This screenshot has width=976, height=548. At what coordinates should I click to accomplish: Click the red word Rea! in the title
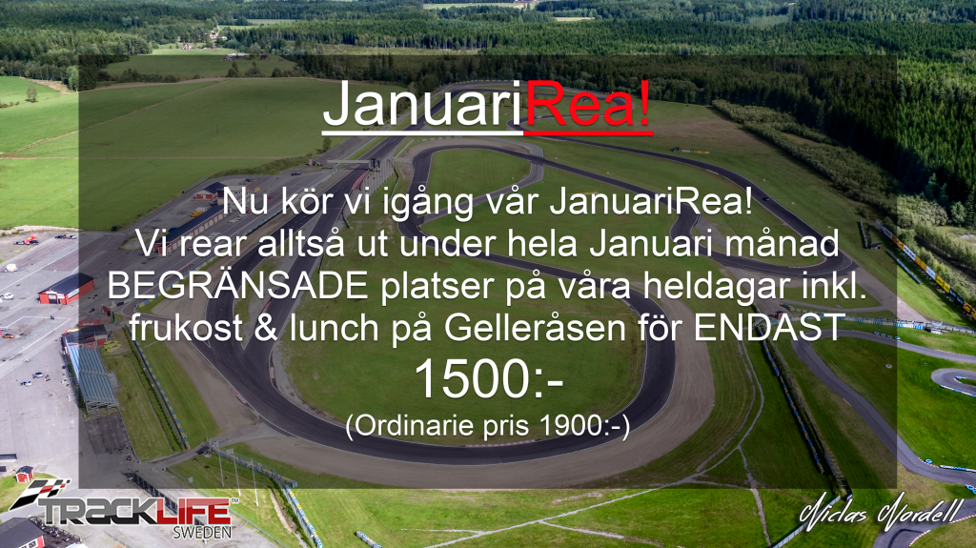pos(589,104)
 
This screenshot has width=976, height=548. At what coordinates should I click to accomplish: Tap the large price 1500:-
pos(489,378)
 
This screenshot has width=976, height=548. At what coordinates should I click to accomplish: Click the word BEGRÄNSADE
pos(237,286)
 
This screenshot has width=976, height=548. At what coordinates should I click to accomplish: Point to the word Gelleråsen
pos(535,328)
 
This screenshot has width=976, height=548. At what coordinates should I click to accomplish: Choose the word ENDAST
pos(769,328)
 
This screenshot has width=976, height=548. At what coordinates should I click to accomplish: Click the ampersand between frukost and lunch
pos(266,328)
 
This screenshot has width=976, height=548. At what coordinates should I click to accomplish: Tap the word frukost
pos(186,328)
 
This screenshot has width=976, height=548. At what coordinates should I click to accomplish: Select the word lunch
pos(334,328)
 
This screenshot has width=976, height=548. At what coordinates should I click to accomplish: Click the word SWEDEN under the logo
pos(202,533)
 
